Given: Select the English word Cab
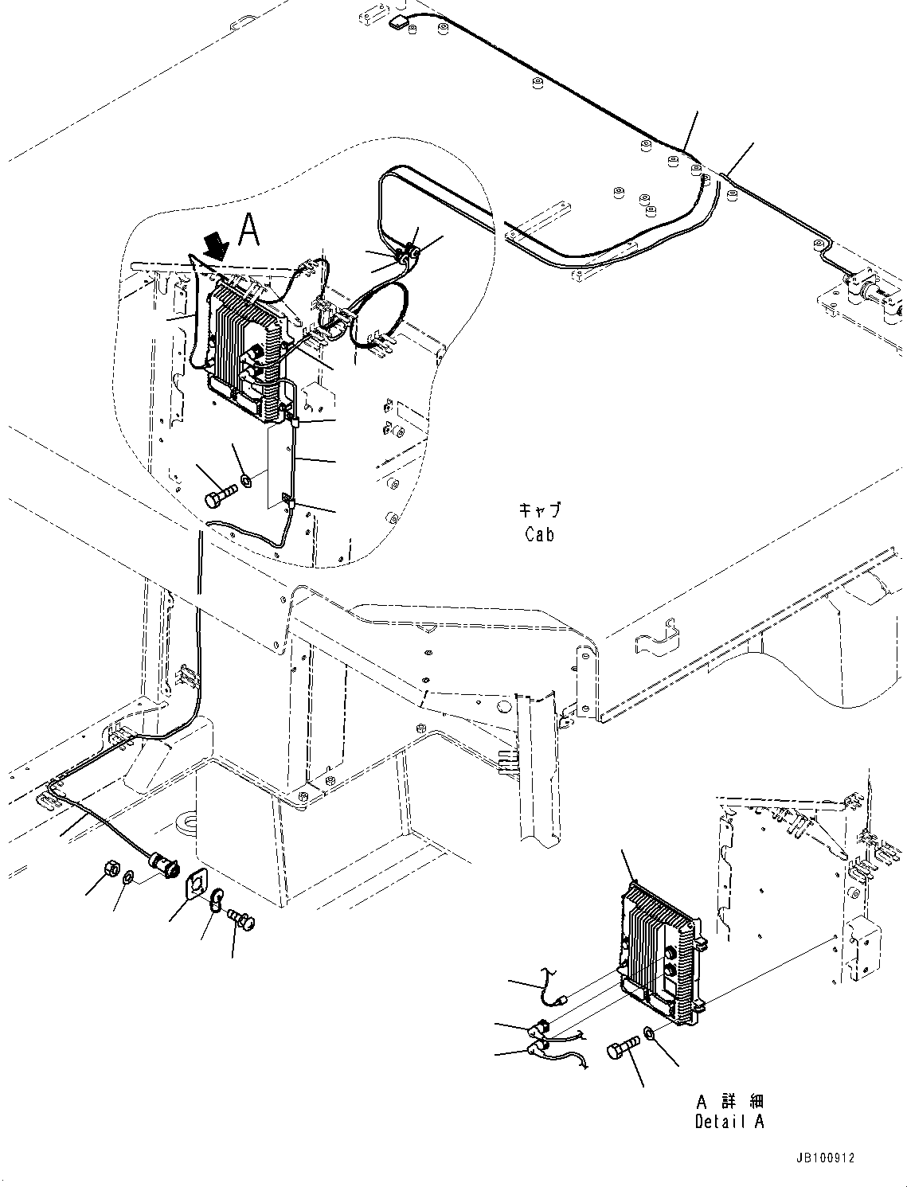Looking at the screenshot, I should pos(539,534).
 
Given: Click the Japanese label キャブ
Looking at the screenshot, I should pos(539,510).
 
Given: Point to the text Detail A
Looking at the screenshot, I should pos(729,1122).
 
